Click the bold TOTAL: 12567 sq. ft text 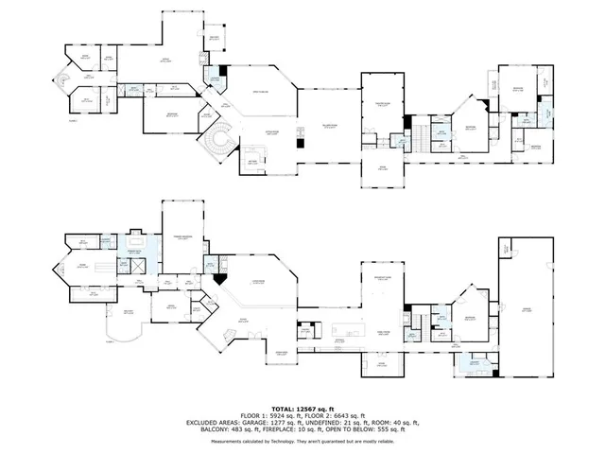tap(302, 409)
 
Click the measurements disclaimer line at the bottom tap(302, 440)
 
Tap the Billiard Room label tap(329, 126)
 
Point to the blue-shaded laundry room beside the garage tap(473, 364)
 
